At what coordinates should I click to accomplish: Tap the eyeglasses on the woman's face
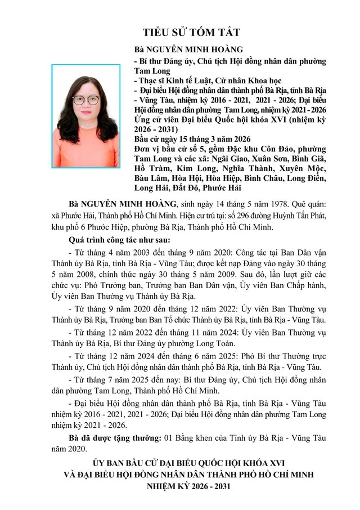pyautogui.click(x=85, y=100)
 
